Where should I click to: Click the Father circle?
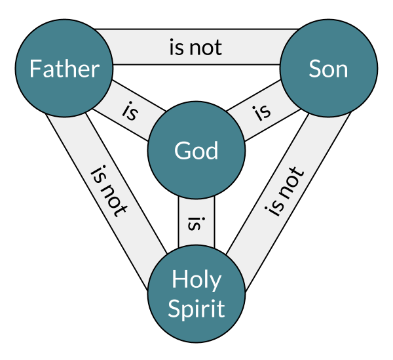click(x=64, y=69)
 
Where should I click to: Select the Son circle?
click(x=328, y=69)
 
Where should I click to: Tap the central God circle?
click(x=196, y=151)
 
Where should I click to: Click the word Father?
click(x=64, y=69)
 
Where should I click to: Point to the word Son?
click(x=328, y=69)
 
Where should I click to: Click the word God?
click(x=196, y=151)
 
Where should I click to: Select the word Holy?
click(x=196, y=281)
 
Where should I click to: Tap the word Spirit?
click(x=196, y=308)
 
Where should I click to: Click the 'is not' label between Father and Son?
click(x=196, y=47)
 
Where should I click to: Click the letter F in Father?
click(x=35, y=69)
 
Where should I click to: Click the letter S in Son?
click(x=314, y=69)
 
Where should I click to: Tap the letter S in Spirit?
click(x=174, y=308)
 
